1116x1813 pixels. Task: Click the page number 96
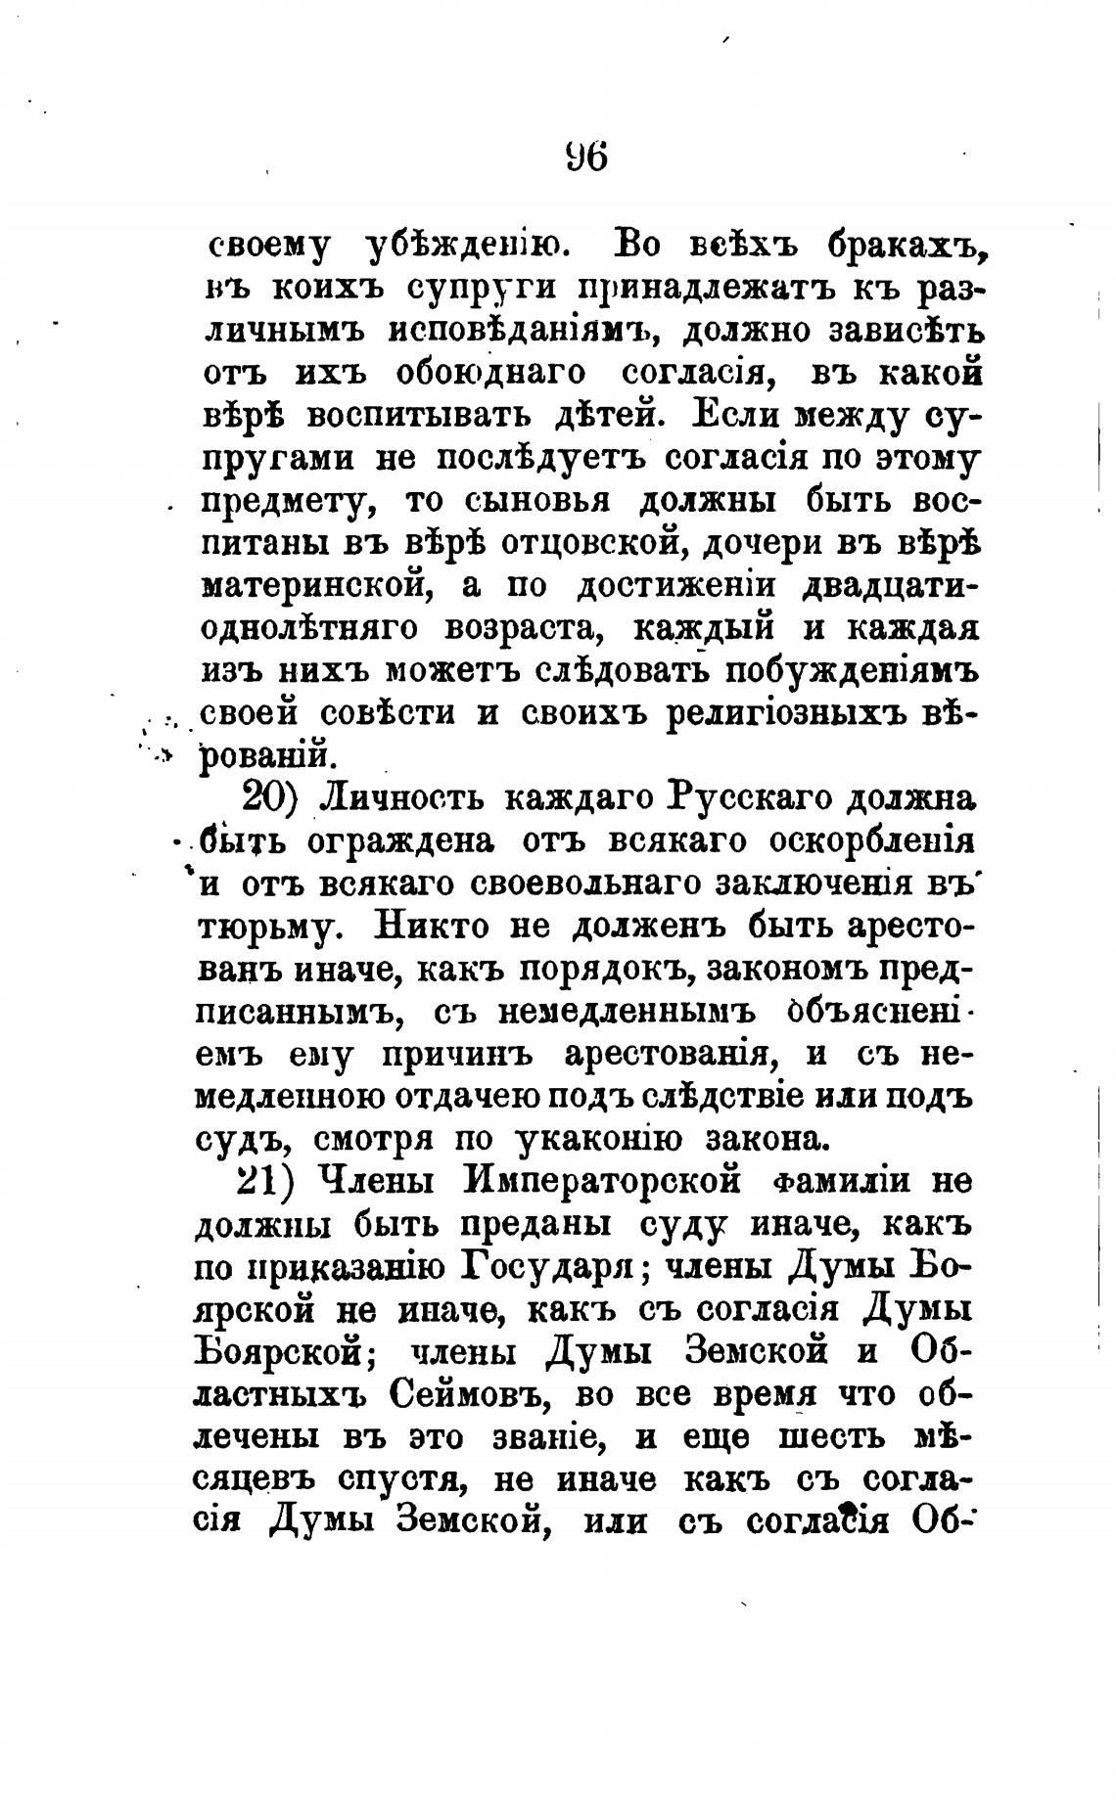point(586,157)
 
